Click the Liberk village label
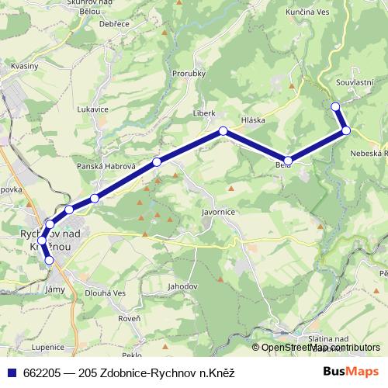coord(204,113)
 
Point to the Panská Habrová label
coord(106,167)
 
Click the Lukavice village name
coord(92,109)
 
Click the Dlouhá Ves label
coord(105,293)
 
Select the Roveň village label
coord(130,317)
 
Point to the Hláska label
coord(253,120)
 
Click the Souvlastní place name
coord(356,81)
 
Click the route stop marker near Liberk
coord(223,131)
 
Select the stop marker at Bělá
coord(288,161)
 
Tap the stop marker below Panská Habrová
coord(158,161)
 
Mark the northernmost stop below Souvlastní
coord(335,106)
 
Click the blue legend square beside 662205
coord(10,372)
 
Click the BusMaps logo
coord(352,371)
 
